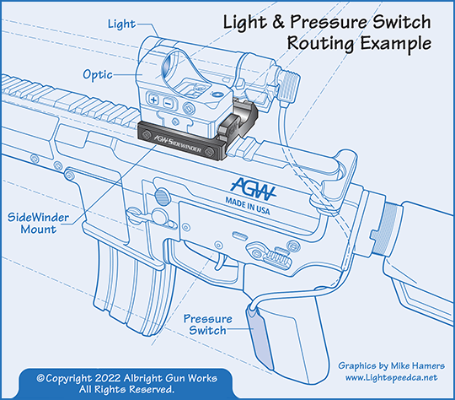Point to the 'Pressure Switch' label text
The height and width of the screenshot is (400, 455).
206,325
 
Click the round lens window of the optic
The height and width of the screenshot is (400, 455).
183,67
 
